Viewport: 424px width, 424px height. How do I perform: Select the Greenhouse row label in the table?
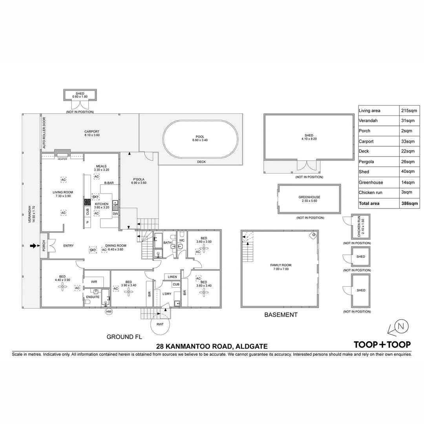pos(371,182)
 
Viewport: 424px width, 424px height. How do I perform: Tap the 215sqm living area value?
pos(408,111)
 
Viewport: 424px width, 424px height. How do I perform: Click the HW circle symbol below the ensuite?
pos(109,312)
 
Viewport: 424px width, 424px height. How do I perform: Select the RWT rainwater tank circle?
pos(159,324)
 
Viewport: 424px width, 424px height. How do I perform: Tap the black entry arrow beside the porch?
pos(33,246)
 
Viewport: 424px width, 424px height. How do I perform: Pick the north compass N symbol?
pos(400,326)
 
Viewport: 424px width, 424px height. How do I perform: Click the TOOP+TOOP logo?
pos(382,344)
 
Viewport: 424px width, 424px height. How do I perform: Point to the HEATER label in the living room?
pos(62,159)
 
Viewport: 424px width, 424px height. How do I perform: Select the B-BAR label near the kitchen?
pos(109,183)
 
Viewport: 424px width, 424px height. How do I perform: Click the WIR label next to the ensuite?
pos(94,281)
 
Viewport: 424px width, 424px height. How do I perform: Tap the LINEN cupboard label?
pos(172,277)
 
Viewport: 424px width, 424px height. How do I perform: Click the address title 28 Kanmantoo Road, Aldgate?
pos(212,346)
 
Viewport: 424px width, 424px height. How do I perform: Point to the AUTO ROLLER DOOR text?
pos(44,133)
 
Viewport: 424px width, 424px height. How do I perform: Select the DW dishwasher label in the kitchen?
pos(115,214)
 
